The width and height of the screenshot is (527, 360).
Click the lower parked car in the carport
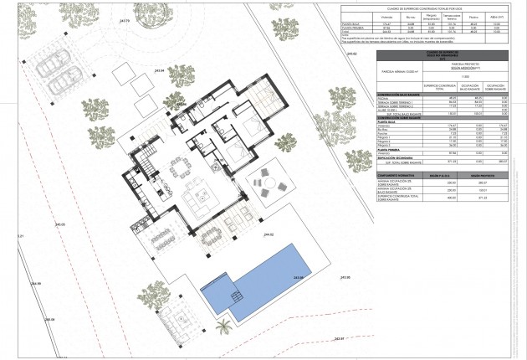coord(66,82)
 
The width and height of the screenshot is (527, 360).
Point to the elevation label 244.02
coord(269,235)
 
